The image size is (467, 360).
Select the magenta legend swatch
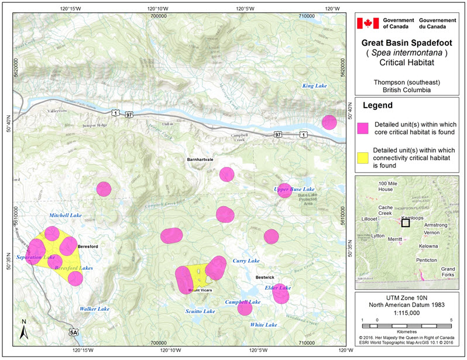click(363, 127)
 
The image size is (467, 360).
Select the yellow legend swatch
click(363, 158)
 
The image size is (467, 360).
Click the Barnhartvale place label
click(201, 159)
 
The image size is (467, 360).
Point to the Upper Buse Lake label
click(294, 190)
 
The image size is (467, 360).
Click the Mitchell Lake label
click(65, 215)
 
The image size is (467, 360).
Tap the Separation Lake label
click(36, 258)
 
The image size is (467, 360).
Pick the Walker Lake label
click(95, 308)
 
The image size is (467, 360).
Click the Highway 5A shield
click(73, 332)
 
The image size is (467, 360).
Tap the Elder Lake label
click(277, 287)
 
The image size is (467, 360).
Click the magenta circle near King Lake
click(329, 122)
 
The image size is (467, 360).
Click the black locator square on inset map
click(406, 222)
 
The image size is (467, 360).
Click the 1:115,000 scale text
click(408, 314)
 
